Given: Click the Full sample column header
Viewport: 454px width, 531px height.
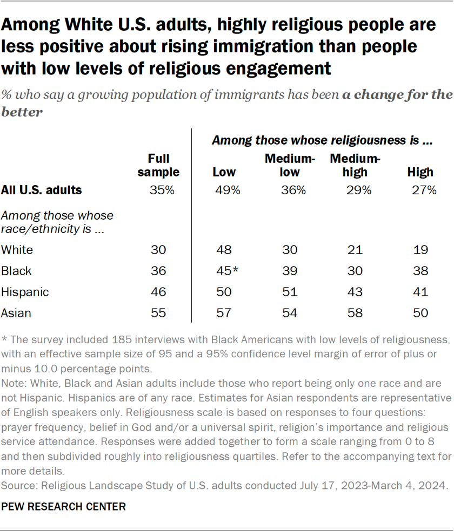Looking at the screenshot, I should (x=158, y=165).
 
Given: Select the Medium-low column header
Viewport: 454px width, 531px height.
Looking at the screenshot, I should (x=289, y=165).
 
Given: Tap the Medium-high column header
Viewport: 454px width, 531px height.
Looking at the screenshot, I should (x=355, y=165).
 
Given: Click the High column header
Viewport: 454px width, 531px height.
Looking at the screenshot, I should (x=420, y=172).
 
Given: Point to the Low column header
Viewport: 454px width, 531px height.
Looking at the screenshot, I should (x=224, y=172).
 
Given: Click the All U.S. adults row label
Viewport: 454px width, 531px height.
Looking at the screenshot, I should (x=42, y=190).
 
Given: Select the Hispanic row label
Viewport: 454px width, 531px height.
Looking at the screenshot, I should (x=25, y=292).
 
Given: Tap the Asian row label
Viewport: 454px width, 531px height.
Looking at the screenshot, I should (x=17, y=313).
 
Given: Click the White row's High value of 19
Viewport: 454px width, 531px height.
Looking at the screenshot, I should (x=420, y=250).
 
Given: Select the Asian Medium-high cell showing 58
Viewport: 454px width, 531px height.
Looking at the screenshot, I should (x=355, y=313).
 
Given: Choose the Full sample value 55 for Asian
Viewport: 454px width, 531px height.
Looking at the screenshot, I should (x=158, y=313).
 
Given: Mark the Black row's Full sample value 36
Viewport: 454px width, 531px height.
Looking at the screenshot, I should (x=158, y=271).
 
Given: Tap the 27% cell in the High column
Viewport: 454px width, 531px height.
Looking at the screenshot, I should (x=420, y=190).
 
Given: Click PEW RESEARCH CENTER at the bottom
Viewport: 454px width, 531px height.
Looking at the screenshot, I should (x=64, y=507).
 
